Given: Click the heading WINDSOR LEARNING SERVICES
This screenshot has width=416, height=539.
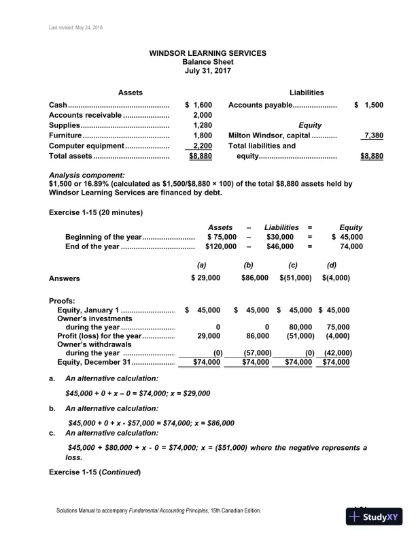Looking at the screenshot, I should point(208,52).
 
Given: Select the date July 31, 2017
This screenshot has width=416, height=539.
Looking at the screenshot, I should point(208,70).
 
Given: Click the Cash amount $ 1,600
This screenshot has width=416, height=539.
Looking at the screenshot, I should point(199,105).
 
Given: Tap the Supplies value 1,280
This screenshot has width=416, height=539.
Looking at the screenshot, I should point(203,126).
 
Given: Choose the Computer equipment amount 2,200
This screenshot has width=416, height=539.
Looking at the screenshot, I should point(203,146).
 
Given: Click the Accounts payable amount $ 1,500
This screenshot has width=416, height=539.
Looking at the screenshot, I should point(369,105).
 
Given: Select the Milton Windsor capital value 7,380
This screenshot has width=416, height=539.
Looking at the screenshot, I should point(372,135).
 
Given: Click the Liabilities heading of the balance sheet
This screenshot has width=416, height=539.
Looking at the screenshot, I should point(306,93).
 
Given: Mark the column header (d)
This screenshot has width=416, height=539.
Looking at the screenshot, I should point(332,264).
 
